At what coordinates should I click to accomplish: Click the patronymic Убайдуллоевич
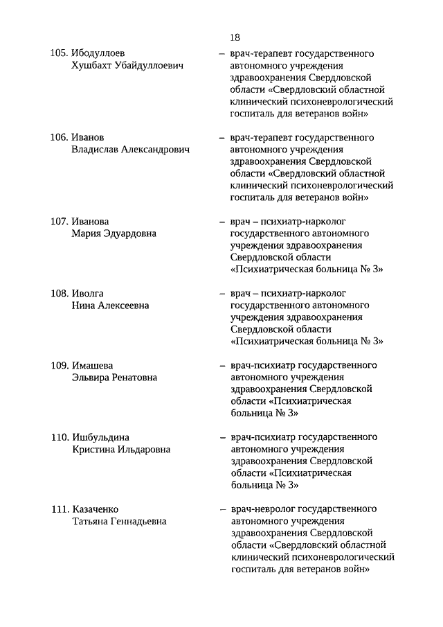pos(150,66)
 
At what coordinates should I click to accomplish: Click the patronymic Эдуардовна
pos(128,233)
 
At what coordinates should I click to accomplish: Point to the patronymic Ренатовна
pos(131,378)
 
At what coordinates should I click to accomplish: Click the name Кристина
pos(94,450)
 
